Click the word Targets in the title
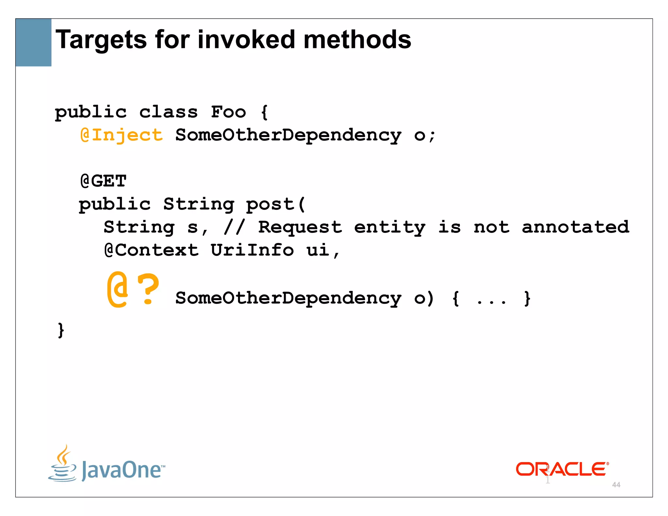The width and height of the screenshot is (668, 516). click(x=101, y=40)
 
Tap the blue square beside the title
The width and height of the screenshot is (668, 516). click(x=33, y=42)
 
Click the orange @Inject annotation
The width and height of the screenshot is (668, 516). click(x=121, y=135)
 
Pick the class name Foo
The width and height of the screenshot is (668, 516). click(x=228, y=112)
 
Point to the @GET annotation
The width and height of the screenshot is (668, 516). click(x=103, y=181)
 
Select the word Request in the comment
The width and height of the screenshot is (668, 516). click(x=300, y=227)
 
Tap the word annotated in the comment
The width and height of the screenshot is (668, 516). click(x=575, y=227)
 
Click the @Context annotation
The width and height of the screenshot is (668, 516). click(x=151, y=250)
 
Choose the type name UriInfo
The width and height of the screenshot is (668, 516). click(x=252, y=250)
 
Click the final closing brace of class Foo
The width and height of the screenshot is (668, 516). click(x=61, y=330)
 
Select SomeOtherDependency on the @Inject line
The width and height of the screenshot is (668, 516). click(x=288, y=135)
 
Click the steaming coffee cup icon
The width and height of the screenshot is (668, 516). click(x=63, y=463)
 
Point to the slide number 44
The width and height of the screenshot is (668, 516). click(x=616, y=485)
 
